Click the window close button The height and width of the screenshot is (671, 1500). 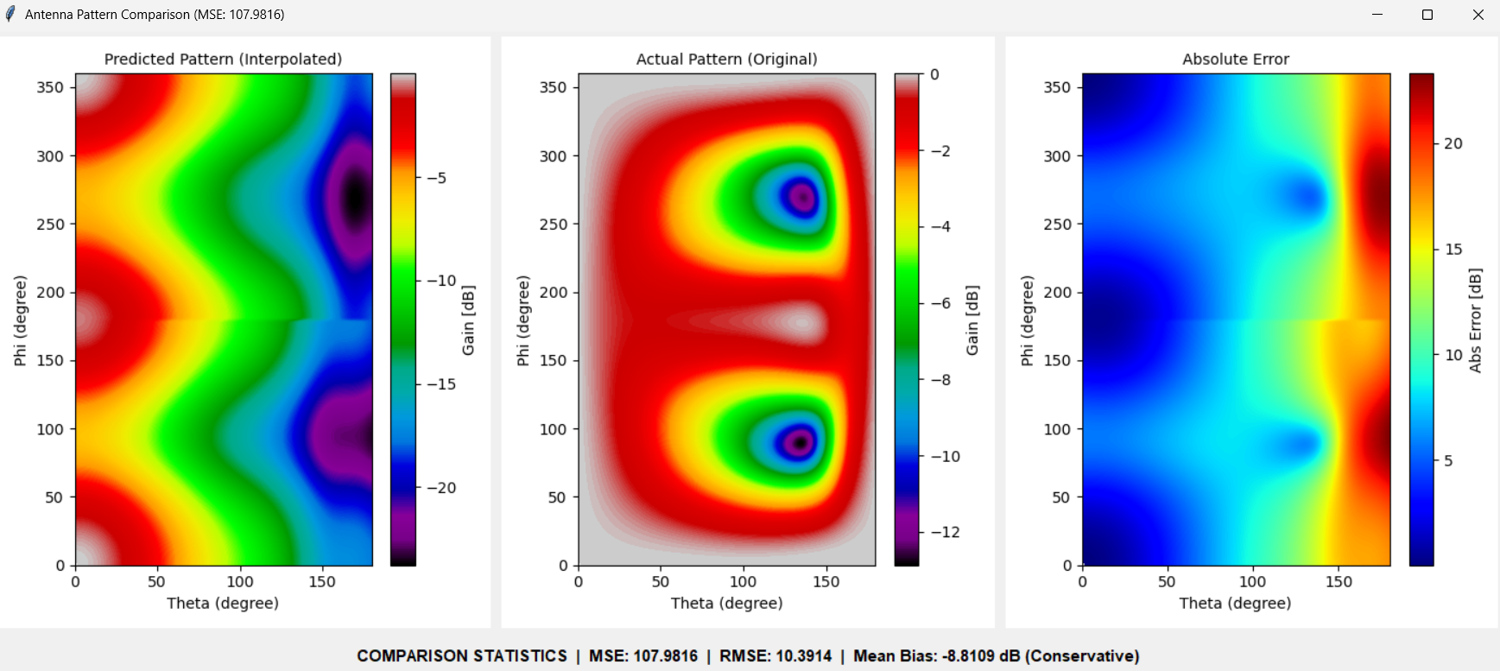1478,15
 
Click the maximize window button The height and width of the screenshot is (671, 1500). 1427,15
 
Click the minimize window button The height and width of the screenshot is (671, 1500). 1377,15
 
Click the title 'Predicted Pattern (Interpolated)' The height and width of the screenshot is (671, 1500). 223,59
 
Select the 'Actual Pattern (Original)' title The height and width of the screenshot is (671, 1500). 726,59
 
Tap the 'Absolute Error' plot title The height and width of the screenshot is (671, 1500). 1235,59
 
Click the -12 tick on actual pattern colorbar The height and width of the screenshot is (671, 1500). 945,532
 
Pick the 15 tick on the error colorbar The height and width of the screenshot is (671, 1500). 1453,250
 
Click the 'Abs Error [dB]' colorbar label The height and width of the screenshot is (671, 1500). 1475,320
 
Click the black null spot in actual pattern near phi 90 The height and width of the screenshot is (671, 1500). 801,443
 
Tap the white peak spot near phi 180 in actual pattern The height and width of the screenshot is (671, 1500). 803,323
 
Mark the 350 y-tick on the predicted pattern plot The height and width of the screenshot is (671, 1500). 50,87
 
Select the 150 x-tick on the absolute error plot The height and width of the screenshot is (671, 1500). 1339,582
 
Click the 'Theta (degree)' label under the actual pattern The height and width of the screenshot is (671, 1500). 726,603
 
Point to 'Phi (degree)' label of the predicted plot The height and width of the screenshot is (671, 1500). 20,320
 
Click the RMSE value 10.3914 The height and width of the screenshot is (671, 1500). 804,656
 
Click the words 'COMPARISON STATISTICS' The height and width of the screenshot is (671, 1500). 462,656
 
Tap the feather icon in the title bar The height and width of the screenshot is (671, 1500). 10,14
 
